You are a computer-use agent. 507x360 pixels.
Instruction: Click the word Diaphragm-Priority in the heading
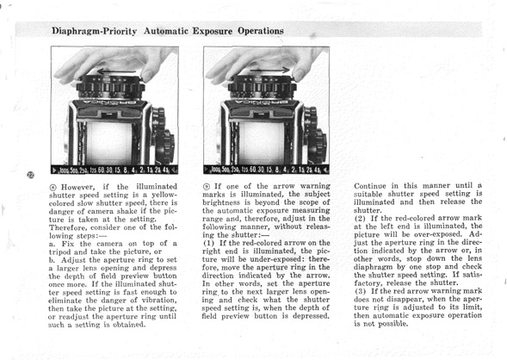(x=94, y=31)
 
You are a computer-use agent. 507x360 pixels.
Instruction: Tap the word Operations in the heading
(x=261, y=31)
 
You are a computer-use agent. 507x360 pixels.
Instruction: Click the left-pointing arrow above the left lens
(x=116, y=71)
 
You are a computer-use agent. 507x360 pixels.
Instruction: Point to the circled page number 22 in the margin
(x=30, y=175)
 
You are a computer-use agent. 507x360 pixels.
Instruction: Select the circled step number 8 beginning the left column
(x=53, y=187)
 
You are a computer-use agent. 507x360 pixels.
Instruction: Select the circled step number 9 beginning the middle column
(x=206, y=187)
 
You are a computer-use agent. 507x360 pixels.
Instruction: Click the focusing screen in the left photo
(x=109, y=142)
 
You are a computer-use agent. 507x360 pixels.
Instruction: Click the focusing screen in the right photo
(x=263, y=142)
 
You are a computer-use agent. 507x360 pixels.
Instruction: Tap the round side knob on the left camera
(x=166, y=146)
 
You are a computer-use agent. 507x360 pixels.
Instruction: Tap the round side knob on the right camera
(x=318, y=146)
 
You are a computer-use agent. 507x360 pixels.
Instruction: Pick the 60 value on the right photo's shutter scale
(x=253, y=170)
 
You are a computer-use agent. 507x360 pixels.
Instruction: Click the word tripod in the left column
(x=60, y=252)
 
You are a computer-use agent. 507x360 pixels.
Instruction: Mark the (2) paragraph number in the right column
(x=360, y=219)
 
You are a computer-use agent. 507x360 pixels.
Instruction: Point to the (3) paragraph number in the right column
(x=360, y=291)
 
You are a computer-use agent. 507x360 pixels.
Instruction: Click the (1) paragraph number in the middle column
(x=208, y=243)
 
